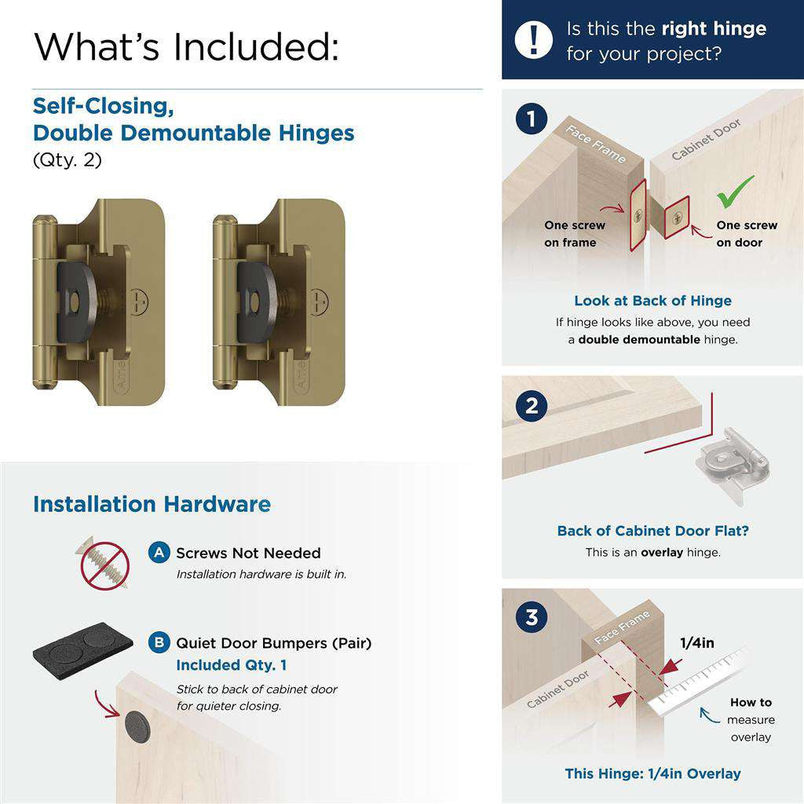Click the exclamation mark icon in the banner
click(x=534, y=39)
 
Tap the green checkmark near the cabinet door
click(x=735, y=192)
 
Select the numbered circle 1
click(x=532, y=120)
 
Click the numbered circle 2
click(x=532, y=406)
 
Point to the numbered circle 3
click(x=532, y=617)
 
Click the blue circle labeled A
click(x=159, y=553)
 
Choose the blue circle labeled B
click(x=159, y=643)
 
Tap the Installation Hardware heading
click(x=152, y=504)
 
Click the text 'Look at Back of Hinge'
click(x=652, y=301)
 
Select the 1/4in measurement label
click(x=696, y=643)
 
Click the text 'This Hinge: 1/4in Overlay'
click(x=652, y=773)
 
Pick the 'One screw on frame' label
click(x=575, y=234)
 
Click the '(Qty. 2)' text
click(x=67, y=159)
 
